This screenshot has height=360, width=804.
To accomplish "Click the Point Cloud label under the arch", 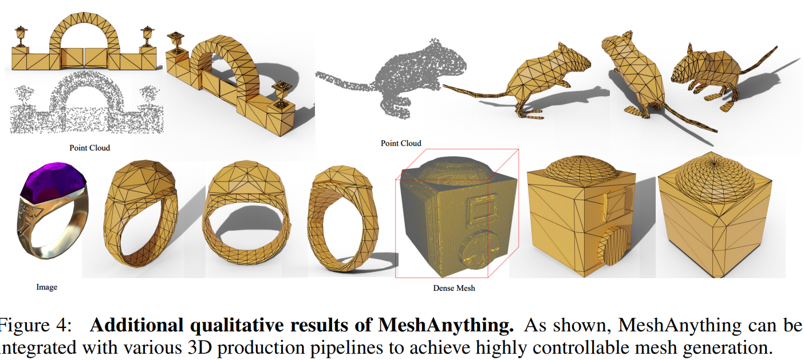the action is (90, 148).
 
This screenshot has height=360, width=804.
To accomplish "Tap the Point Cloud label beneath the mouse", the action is (401, 143).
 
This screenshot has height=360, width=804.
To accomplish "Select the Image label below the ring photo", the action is (46, 287).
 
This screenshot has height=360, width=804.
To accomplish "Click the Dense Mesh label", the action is (454, 288).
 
